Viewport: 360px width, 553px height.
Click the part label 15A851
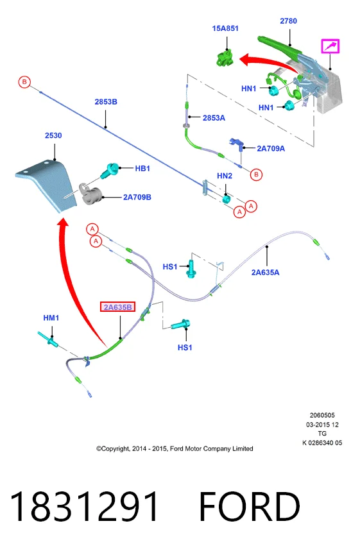(225, 28)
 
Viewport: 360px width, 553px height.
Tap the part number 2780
(288, 21)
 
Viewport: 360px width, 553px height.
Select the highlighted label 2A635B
(117, 307)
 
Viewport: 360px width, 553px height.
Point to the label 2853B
(106, 102)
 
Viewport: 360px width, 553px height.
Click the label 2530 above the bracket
(53, 135)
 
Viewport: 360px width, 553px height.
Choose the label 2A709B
(137, 197)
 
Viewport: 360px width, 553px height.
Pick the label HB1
(142, 169)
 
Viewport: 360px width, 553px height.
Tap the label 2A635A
(265, 272)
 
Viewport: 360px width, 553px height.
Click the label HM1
(51, 318)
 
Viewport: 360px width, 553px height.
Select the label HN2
(225, 176)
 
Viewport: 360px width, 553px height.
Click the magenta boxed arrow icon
(330, 46)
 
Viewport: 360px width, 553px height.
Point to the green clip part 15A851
(225, 58)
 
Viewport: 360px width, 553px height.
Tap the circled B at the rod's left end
(24, 82)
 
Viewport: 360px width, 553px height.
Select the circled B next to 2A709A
(256, 174)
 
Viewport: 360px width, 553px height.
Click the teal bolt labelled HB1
(110, 170)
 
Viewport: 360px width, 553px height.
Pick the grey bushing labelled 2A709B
(90, 194)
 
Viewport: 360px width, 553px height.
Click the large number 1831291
(84, 506)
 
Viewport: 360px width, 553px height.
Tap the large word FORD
(250, 506)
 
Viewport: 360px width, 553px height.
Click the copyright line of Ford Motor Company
(175, 448)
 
